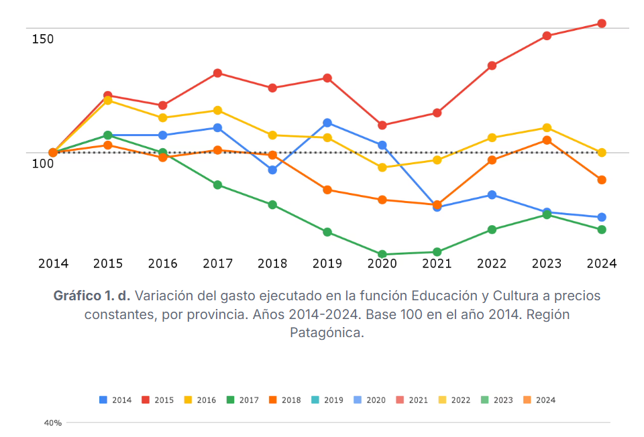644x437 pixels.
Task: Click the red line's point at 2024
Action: pos(602,23)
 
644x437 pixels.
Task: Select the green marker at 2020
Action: pos(382,255)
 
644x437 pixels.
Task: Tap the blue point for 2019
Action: pos(327,123)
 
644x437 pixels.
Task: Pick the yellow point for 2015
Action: pos(107,101)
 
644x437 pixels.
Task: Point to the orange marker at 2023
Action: pos(547,140)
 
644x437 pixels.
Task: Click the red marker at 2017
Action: pos(217,73)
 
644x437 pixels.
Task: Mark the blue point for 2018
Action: pos(272,170)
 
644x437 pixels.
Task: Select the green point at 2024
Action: pos(602,230)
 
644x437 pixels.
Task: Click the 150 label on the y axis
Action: pos(43,40)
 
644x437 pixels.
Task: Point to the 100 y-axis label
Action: pos(43,164)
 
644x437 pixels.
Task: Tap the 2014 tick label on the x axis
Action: pos(53,263)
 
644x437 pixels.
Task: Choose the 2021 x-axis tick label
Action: pos(437,263)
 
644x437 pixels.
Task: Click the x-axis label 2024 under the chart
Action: pos(602,263)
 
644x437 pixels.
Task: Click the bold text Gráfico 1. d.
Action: pos(92,296)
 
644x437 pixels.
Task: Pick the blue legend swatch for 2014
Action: pos(103,400)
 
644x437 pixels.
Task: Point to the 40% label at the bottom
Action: pos(53,423)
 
